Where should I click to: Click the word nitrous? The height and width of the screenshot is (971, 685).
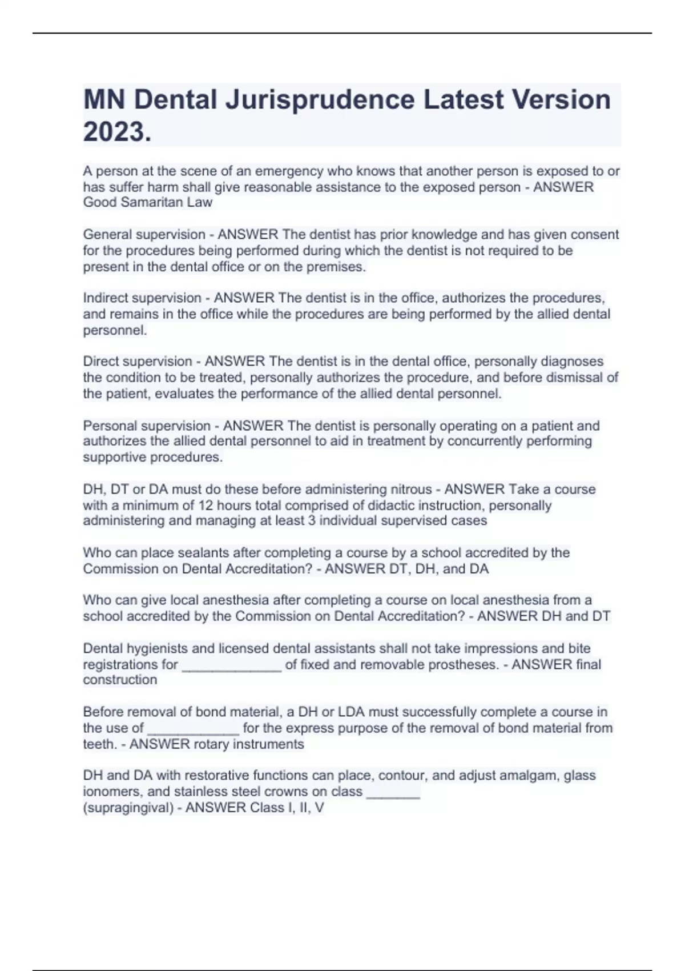tap(411, 489)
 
